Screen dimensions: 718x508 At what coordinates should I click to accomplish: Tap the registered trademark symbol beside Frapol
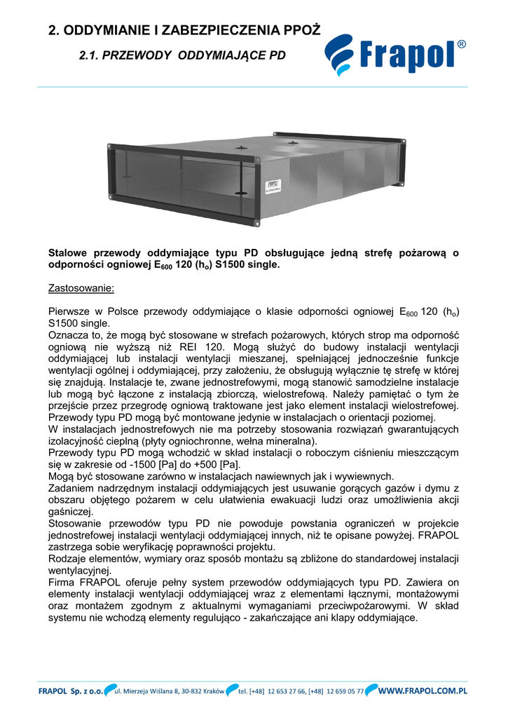point(462,45)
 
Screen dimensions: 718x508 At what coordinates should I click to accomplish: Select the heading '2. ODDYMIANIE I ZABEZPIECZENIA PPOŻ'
point(184,30)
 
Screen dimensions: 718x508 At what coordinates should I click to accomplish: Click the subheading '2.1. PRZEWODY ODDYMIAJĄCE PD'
point(182,55)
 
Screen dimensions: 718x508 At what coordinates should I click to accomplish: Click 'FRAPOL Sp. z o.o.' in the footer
point(71,691)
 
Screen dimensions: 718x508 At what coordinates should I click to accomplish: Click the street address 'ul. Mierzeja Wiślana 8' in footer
point(150,691)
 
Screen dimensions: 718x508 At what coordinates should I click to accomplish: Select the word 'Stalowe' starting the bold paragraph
point(69,252)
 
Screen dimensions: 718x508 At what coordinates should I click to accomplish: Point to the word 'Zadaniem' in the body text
point(73,488)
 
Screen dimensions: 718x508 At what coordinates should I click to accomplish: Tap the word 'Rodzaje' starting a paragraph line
point(69,559)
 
